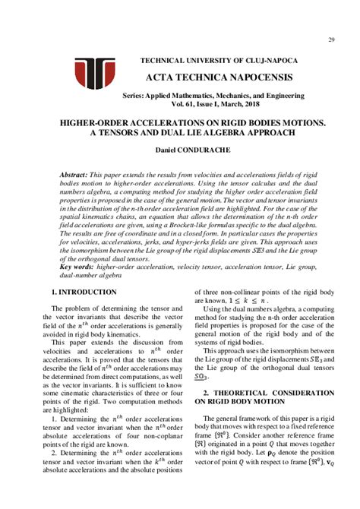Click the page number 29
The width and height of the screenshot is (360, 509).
[x=332, y=40]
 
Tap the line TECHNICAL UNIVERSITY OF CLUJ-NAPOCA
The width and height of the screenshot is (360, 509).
[x=219, y=60]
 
